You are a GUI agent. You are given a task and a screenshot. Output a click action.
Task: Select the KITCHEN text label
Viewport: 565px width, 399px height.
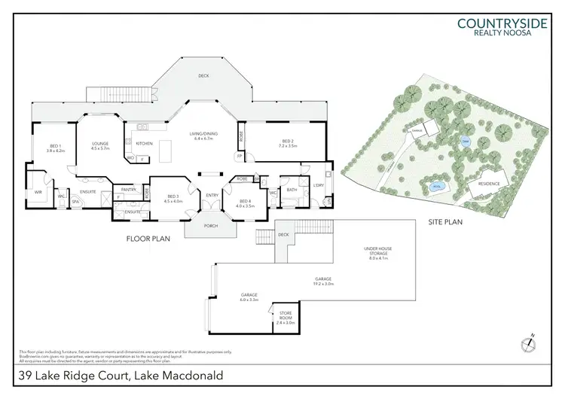tap(145, 143)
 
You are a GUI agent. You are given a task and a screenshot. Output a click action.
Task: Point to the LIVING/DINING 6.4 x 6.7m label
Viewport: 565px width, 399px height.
tap(203, 136)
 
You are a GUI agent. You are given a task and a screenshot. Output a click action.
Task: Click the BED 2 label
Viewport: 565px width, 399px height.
tap(287, 142)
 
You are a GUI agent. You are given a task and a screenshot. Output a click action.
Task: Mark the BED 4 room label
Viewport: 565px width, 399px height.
tap(245, 200)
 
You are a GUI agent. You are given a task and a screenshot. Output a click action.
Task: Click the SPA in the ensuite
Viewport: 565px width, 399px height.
tap(75, 203)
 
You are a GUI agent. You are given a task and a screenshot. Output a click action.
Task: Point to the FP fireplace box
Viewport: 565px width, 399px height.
tap(240, 157)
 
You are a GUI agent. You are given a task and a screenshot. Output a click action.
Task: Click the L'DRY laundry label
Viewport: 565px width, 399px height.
tap(318, 185)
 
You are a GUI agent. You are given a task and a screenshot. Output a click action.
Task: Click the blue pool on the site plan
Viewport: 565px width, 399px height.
tap(435, 185)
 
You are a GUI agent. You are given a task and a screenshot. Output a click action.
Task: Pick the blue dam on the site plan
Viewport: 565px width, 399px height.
tap(466, 141)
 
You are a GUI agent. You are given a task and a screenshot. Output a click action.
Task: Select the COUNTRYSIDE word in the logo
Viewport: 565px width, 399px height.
tap(502, 23)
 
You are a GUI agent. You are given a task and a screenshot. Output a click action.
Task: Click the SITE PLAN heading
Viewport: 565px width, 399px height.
tap(444, 222)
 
